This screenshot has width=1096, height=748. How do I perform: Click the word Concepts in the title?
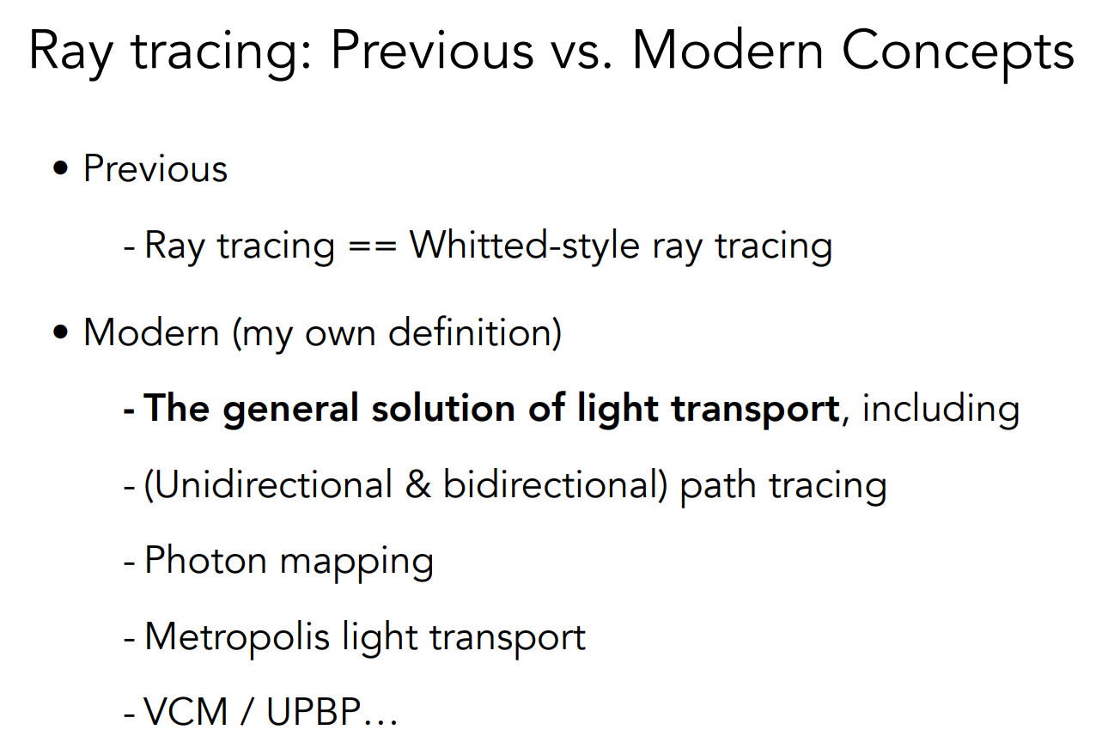(958, 53)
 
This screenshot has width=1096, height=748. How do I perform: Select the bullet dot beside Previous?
(60, 167)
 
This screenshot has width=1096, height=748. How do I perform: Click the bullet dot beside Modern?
(60, 332)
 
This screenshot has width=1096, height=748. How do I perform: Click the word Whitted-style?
(524, 245)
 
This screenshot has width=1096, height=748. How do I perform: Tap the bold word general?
(290, 410)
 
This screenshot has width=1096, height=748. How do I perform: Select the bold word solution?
(443, 408)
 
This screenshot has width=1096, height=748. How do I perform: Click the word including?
(941, 410)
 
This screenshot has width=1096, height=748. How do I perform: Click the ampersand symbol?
(417, 485)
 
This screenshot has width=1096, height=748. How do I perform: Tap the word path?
(718, 486)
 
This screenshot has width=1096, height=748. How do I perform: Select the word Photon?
(205, 561)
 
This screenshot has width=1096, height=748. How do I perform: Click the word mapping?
(356, 563)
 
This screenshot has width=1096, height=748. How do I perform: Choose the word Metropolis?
(237, 637)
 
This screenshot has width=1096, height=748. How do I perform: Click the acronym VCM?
(186, 711)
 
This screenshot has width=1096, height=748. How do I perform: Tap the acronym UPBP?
(314, 711)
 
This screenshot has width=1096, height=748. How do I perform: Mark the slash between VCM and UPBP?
(247, 712)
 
